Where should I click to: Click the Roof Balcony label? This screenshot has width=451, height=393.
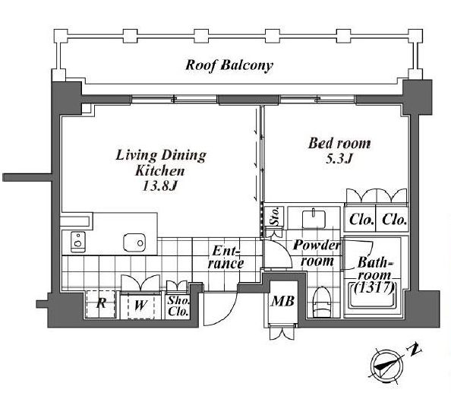click(229, 65)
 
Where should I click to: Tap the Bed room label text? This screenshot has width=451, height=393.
click(339, 144)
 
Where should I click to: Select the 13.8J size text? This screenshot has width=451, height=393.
click(160, 186)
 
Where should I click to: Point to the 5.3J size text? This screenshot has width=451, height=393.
click(339, 159)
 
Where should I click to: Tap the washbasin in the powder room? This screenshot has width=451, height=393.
click(314, 219)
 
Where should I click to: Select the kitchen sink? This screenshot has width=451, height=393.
click(134, 242)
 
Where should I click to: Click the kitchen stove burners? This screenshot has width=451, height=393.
click(78, 242)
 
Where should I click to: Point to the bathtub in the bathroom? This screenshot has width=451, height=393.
click(373, 299)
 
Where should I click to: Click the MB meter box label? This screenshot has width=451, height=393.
click(283, 302)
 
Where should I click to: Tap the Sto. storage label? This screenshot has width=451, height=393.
click(276, 217)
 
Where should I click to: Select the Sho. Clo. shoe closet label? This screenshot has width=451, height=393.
click(178, 306)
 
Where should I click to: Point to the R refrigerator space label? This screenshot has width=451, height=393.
click(101, 303)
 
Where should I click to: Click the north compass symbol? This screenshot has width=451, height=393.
click(387, 365)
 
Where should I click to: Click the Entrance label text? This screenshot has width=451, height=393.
click(226, 257)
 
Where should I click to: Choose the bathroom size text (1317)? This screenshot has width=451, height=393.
click(374, 288)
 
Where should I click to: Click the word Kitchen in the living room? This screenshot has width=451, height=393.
click(160, 171)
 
